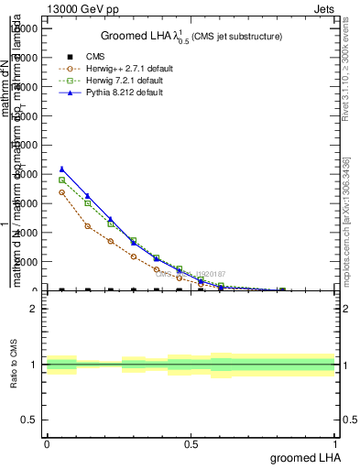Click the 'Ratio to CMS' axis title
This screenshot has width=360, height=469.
click(x=16, y=365)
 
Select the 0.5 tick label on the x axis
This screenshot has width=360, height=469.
click(x=191, y=443)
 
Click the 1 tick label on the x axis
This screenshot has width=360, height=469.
click(x=335, y=443)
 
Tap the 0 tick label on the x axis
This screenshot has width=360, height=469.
click(x=46, y=443)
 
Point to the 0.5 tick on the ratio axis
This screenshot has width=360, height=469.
click(x=30, y=420)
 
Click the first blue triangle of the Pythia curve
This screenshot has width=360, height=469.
click(x=61, y=169)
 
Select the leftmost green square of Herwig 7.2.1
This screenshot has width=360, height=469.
click(x=61, y=180)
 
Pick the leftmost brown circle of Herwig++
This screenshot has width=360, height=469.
click(x=61, y=192)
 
